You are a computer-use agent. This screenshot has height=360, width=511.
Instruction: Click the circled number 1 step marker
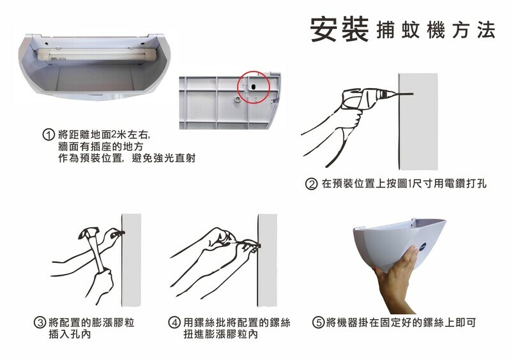point(49,135)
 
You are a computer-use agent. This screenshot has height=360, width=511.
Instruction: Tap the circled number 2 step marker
point(311,184)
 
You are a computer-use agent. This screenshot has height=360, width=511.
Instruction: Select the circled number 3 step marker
point(40,323)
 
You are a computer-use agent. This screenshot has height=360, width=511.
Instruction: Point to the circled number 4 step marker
point(174,323)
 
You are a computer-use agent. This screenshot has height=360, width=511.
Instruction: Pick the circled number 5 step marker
point(317,323)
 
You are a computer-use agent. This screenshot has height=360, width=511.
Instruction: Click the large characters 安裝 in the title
point(339,29)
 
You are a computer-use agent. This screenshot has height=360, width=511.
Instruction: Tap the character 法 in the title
point(486,30)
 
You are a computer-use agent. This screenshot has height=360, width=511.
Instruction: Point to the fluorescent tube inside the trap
point(97,54)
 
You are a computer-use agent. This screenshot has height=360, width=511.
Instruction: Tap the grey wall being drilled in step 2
point(418,121)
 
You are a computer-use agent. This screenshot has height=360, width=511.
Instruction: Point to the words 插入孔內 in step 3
point(70,334)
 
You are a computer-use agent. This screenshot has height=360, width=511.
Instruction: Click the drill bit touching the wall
point(404,94)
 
